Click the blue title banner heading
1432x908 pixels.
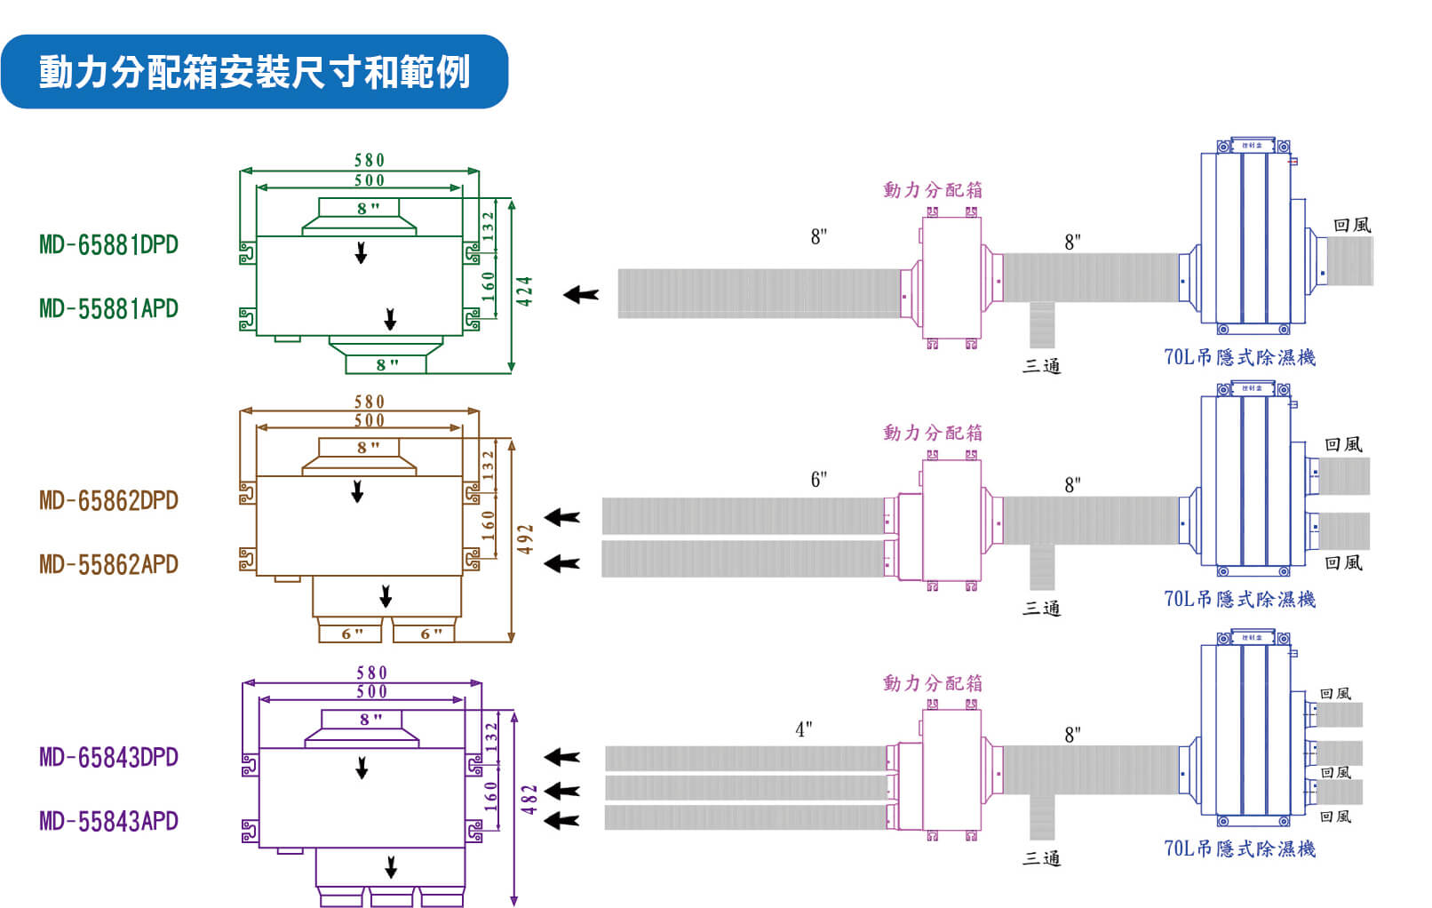[254, 72]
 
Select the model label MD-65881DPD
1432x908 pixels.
[108, 244]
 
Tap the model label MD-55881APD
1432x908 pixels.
[108, 308]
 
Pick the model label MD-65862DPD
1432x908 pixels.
[108, 500]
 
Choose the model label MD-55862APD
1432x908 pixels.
[108, 564]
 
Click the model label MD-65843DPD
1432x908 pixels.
[108, 757]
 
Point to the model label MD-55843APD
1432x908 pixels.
[108, 821]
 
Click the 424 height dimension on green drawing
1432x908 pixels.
[525, 291]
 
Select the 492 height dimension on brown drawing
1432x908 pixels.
[526, 539]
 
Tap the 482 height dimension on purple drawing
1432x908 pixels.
[529, 800]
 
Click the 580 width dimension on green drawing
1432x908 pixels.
[370, 160]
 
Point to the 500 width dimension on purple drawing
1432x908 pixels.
[371, 691]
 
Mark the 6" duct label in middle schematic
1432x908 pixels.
[818, 480]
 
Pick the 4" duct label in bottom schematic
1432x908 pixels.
[803, 730]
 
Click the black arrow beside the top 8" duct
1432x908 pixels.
[582, 294]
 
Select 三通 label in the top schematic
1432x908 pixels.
[1041, 365]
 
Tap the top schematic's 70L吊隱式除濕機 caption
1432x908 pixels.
[1239, 357]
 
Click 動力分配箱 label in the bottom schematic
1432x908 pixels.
[932, 683]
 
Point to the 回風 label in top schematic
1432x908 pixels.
[1351, 225]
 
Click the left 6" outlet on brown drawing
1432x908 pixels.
[351, 633]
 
